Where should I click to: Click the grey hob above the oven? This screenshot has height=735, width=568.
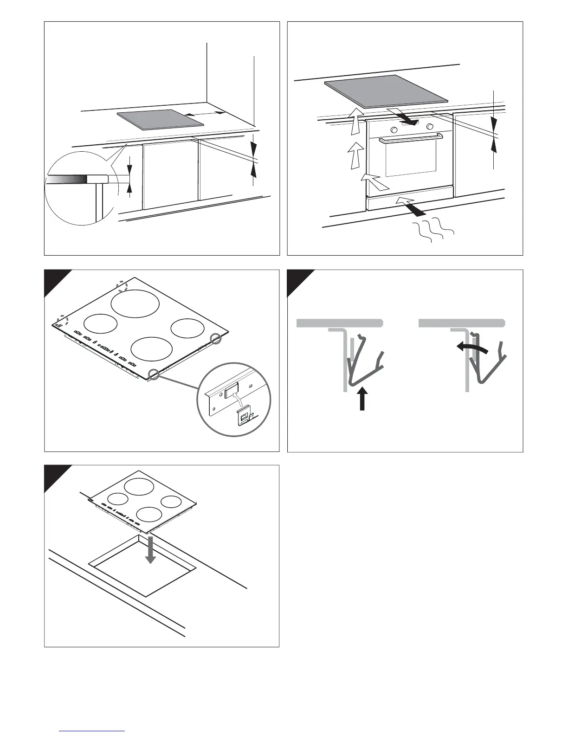(386, 91)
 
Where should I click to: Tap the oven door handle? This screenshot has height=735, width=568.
(411, 137)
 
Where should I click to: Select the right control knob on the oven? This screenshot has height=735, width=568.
(430, 126)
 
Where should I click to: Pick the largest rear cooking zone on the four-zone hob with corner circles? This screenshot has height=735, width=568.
(135, 303)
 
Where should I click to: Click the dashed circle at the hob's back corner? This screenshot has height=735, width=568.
(123, 286)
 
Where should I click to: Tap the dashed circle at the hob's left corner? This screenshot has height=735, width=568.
(60, 322)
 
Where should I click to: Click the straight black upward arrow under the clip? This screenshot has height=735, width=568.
(362, 400)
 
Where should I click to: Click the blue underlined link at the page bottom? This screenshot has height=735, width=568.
(92, 731)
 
